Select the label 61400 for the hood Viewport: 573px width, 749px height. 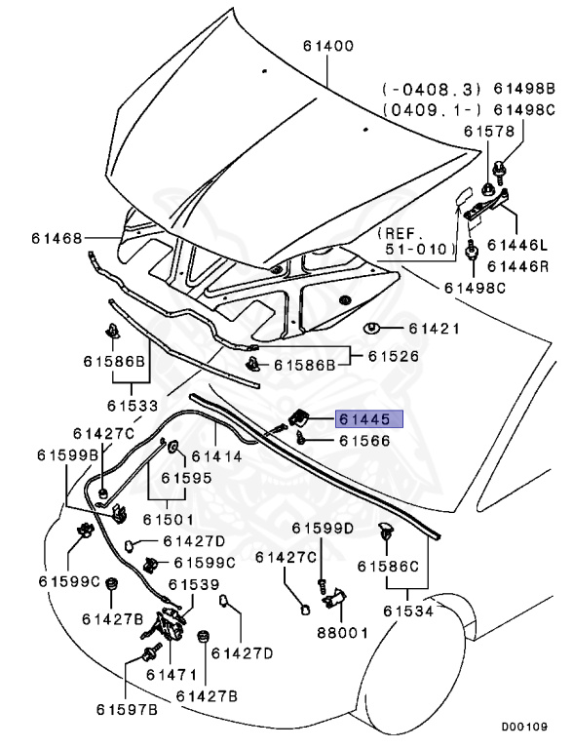click(x=328, y=46)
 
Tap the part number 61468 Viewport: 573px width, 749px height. click(x=57, y=238)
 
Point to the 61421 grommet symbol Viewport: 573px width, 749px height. click(x=371, y=329)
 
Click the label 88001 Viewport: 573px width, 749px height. click(x=343, y=633)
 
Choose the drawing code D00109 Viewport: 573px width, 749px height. click(x=524, y=727)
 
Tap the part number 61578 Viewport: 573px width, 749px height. click(x=489, y=131)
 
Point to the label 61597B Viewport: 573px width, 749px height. click(x=127, y=710)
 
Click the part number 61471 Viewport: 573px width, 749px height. click(x=172, y=675)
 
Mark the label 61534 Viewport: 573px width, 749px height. click(x=408, y=611)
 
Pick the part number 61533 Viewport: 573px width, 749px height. click(x=133, y=406)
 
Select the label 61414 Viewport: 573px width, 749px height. click(x=216, y=456)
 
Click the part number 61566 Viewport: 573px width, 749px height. click(x=364, y=441)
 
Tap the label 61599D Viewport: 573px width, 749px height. click(x=323, y=529)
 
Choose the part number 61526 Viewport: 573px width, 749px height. click(x=393, y=356)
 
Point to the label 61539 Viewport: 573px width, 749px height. click(x=194, y=584)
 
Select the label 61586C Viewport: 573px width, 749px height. click(x=388, y=567)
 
